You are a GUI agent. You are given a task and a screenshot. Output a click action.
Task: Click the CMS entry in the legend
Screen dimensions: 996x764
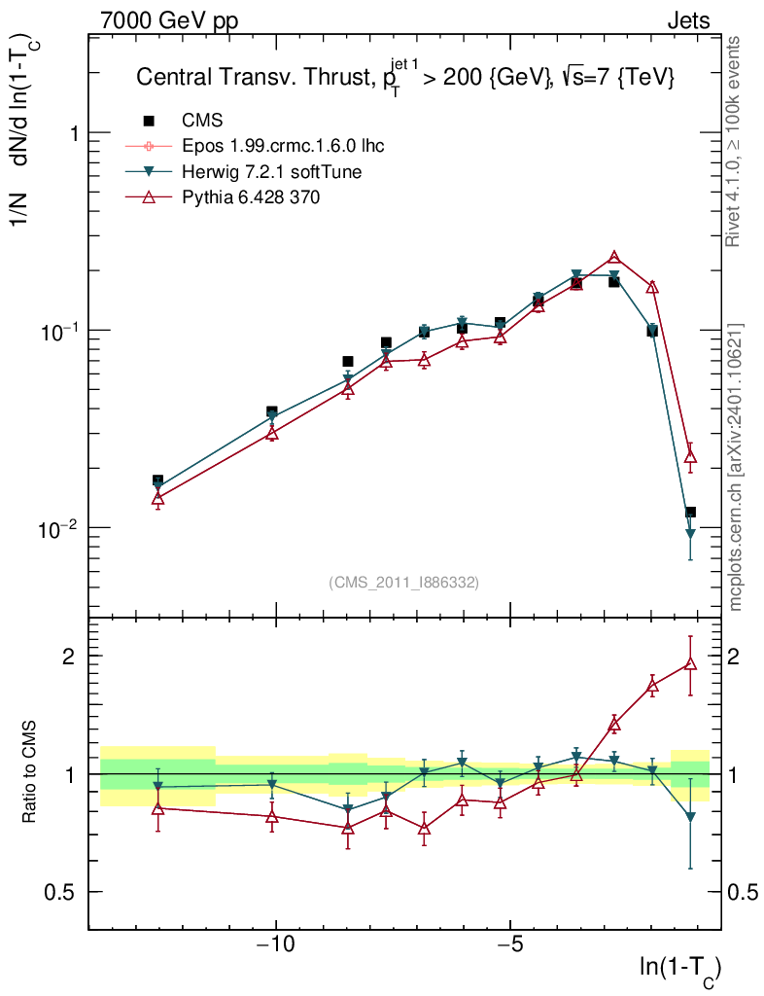(x=202, y=121)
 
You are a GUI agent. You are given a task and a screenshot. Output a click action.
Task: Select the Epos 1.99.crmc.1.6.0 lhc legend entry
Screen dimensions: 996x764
(x=283, y=147)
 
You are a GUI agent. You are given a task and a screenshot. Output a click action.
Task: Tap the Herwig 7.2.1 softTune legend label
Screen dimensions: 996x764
(x=271, y=172)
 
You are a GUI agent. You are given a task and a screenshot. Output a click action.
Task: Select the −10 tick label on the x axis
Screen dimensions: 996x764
(x=275, y=943)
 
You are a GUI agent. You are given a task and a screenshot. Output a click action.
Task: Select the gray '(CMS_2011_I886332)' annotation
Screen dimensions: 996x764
(x=404, y=582)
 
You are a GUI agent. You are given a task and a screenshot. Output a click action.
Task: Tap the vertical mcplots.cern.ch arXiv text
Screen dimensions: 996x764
(x=736, y=467)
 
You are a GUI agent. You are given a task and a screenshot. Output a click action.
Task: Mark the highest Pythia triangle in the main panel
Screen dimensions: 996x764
(x=614, y=258)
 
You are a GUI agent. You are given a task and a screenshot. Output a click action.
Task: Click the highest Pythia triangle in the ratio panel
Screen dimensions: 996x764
(x=690, y=663)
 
